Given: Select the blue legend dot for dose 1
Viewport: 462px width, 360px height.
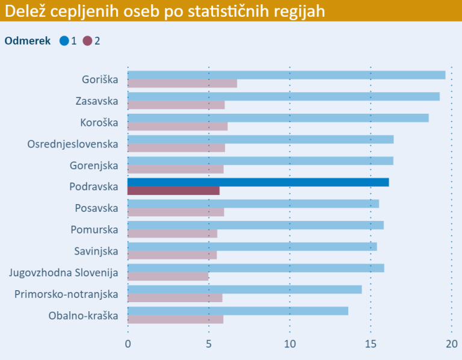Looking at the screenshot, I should point(64,41).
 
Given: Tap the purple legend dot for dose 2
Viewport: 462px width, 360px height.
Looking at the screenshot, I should point(88,41).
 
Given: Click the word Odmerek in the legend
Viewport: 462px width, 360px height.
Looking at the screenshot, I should point(28,41).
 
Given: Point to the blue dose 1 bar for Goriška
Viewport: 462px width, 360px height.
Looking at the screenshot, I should point(286,75).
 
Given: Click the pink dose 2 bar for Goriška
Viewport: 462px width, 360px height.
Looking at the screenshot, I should point(182,84).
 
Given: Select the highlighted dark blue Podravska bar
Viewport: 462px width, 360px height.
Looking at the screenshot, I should point(258,182).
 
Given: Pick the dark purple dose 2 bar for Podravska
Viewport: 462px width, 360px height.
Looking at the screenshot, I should point(173,191).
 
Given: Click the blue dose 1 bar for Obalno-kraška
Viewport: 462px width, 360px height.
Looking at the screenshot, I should point(238,311).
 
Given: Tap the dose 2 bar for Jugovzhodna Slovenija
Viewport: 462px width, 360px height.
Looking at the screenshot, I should point(168,276).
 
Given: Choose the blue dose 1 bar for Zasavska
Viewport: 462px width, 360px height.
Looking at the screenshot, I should point(283,96).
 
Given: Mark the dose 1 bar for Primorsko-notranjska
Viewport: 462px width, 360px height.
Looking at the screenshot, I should point(244,290).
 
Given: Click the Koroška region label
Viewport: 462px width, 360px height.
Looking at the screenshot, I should point(99,122).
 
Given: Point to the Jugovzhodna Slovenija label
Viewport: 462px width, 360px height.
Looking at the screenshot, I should point(64,273).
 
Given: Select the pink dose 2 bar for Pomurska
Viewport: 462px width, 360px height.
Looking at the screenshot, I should point(172,234).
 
